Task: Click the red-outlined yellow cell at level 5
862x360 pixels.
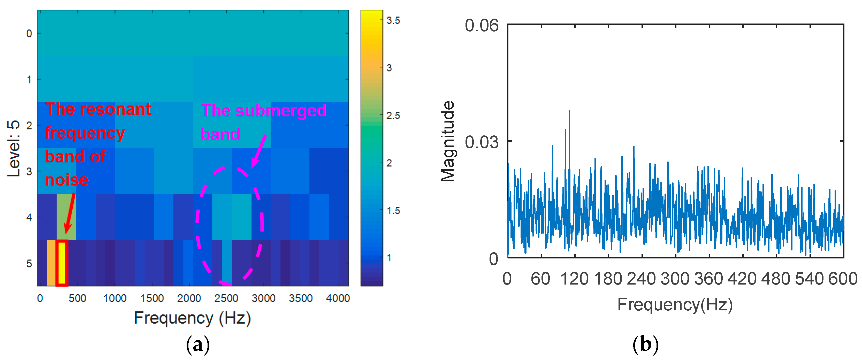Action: click(x=62, y=263)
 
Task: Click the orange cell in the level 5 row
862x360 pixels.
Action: click(x=51, y=263)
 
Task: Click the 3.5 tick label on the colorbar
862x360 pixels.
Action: click(x=393, y=21)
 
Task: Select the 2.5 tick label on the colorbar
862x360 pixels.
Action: click(x=393, y=116)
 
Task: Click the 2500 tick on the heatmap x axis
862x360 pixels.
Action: click(x=226, y=298)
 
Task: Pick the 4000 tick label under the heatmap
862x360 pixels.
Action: click(x=338, y=298)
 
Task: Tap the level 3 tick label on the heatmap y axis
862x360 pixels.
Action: click(x=29, y=172)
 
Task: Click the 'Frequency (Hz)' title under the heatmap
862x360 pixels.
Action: click(x=192, y=318)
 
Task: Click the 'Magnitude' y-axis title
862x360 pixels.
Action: click(x=447, y=141)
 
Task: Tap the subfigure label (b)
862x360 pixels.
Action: click(x=645, y=344)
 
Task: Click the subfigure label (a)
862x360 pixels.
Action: click(x=198, y=344)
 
